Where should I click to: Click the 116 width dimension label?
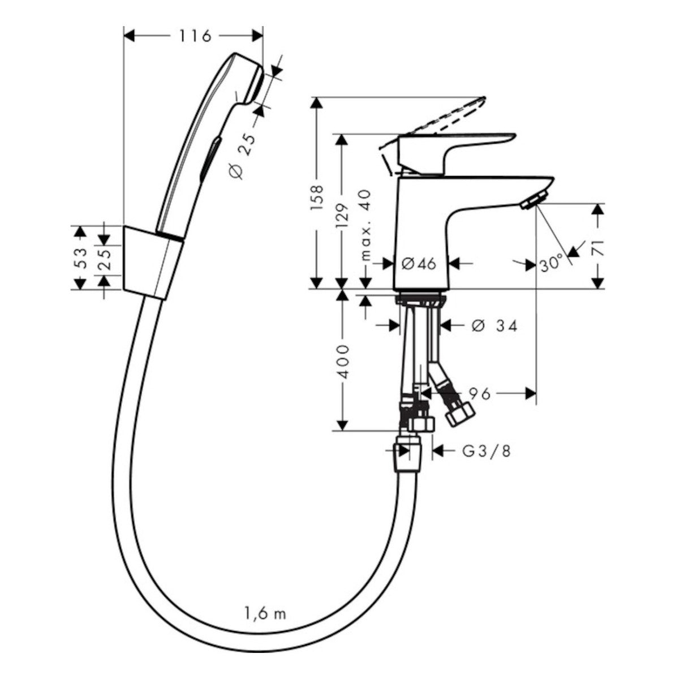pos(195,36)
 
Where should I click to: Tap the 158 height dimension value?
pos(317,198)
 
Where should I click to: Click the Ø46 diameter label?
pos(419,263)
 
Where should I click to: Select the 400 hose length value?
pos(341,362)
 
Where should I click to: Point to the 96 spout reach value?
pos(480,394)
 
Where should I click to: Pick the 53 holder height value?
pos(81,258)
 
